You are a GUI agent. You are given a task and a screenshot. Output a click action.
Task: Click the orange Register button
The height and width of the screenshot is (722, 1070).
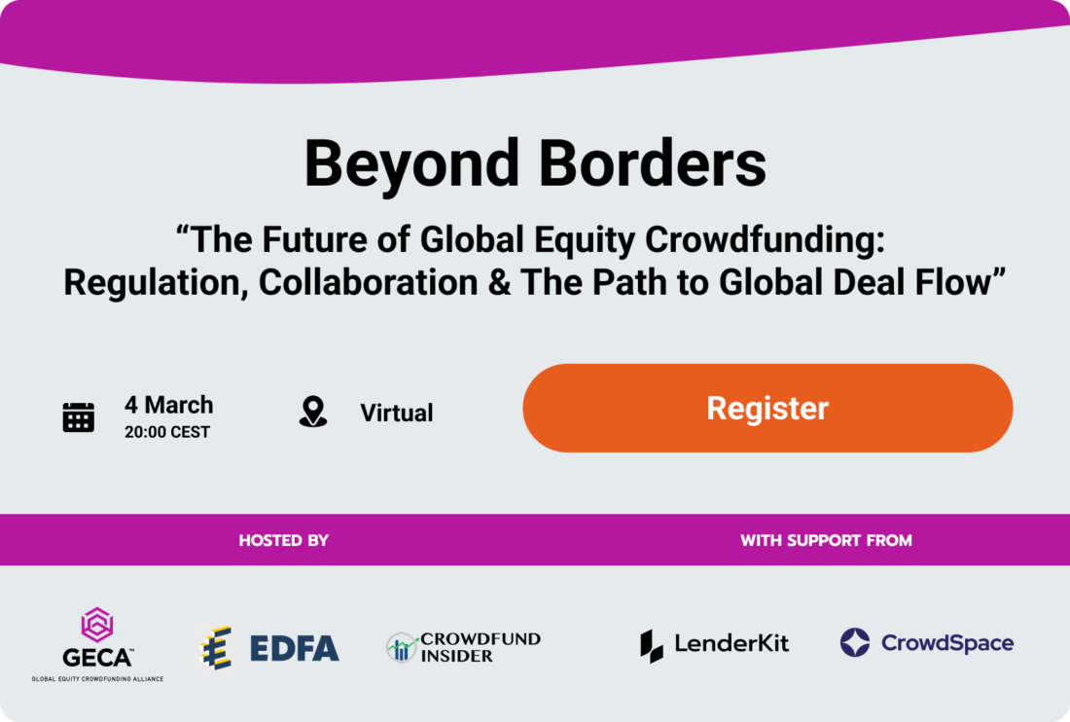pyautogui.click(x=767, y=408)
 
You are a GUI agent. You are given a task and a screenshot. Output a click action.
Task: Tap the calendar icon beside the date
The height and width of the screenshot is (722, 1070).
pyautogui.click(x=79, y=415)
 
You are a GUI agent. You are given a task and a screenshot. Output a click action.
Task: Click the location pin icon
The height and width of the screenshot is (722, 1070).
pyautogui.click(x=312, y=412)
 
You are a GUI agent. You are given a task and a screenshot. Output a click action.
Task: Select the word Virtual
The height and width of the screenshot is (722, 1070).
pyautogui.click(x=397, y=413)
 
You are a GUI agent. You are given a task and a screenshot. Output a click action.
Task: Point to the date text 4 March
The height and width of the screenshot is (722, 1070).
pyautogui.click(x=168, y=405)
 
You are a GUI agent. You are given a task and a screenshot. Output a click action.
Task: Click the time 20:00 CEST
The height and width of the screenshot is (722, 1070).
pyautogui.click(x=166, y=432)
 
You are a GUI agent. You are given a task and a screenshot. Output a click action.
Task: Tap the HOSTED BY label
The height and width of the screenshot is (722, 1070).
pyautogui.click(x=284, y=540)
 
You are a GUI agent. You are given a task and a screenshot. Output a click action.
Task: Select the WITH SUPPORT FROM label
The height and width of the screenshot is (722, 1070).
pyautogui.click(x=826, y=540)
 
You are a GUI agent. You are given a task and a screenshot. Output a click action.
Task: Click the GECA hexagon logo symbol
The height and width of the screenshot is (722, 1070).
pyautogui.click(x=96, y=624)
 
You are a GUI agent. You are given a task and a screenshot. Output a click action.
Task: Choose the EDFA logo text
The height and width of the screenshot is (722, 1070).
pyautogui.click(x=294, y=647)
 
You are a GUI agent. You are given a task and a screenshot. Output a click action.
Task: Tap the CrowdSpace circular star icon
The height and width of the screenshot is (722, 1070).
pyautogui.click(x=855, y=642)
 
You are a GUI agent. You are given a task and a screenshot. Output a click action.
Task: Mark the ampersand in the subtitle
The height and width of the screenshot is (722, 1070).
pyautogui.click(x=494, y=282)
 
